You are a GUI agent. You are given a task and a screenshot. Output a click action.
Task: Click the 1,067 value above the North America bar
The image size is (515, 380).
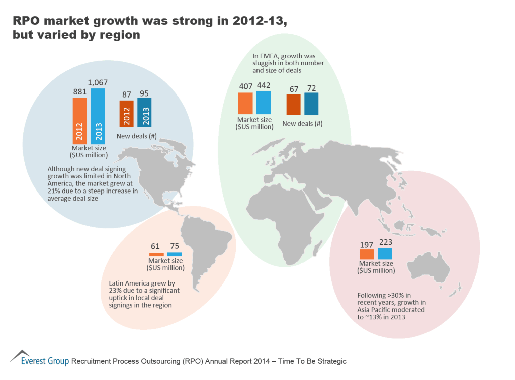[98, 82]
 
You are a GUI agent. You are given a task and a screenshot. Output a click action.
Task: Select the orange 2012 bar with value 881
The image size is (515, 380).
[79, 121]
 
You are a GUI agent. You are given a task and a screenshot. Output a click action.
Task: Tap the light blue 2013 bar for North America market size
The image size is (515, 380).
[98, 116]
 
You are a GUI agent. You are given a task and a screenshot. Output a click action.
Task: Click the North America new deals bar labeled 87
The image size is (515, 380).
[126, 114]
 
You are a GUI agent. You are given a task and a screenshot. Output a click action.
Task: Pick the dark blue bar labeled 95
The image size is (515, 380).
[144, 112]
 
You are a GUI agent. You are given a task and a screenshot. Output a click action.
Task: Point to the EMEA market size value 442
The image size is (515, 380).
[263, 86]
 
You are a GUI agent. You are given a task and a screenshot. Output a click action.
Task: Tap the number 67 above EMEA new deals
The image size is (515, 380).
[294, 89]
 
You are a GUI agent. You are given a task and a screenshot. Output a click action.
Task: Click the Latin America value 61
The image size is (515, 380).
[155, 246]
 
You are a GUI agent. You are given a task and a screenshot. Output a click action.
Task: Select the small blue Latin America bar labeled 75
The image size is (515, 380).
[174, 254]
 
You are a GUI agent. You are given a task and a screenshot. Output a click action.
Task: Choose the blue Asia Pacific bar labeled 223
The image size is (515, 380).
[385, 253]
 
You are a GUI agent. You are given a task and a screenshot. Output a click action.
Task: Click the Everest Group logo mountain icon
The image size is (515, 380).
[19, 356]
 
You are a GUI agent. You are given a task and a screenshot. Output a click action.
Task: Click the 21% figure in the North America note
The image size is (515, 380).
[54, 191]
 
